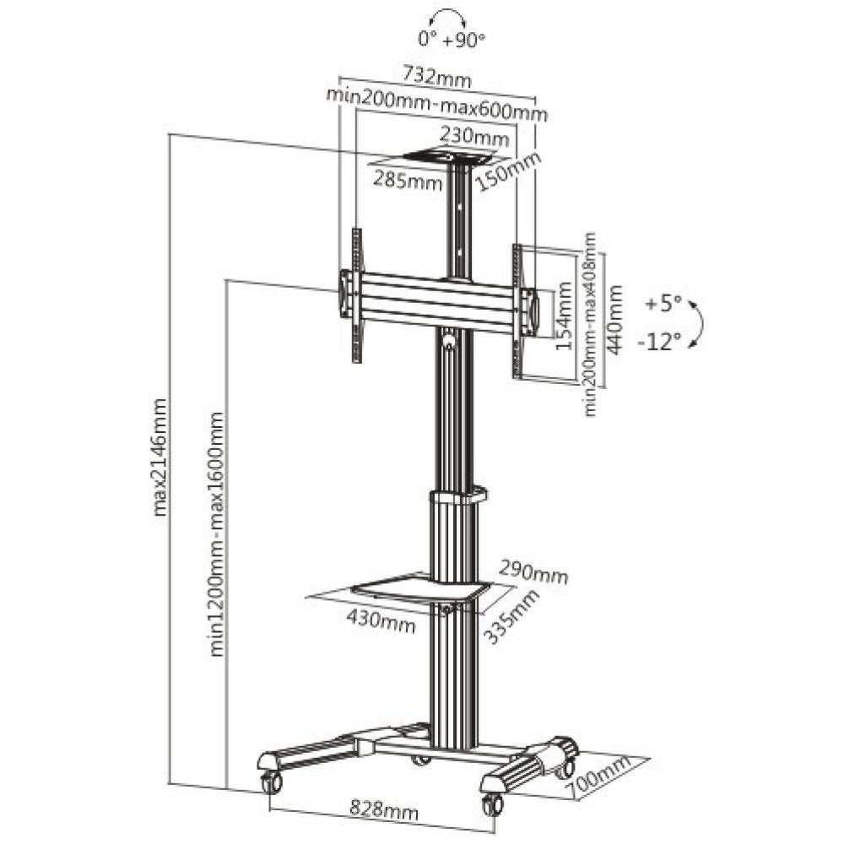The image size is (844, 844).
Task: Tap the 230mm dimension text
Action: [x=473, y=136]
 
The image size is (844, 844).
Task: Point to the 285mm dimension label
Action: [x=408, y=181]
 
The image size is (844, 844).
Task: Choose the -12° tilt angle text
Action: [x=662, y=342]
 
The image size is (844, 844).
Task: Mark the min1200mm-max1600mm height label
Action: [x=218, y=533]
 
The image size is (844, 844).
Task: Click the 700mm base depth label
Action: [x=600, y=776]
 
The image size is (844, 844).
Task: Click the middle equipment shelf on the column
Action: [x=419, y=588]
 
